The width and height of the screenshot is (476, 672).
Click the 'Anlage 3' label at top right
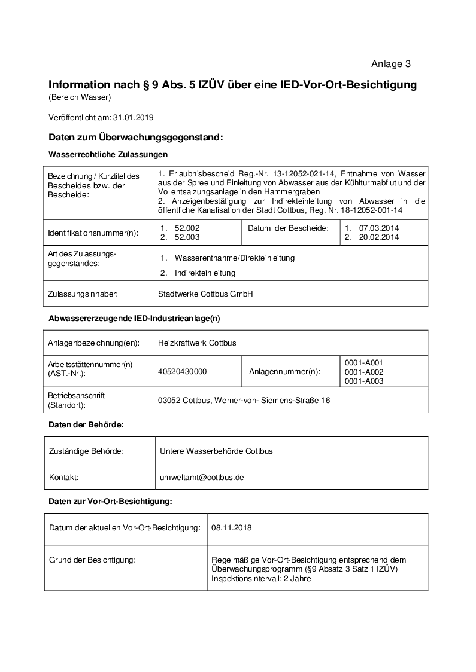[390, 64]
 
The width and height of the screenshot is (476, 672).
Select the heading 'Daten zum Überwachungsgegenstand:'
[135, 138]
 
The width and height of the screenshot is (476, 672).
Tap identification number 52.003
[187, 237]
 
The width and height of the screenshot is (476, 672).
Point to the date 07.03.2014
[378, 228]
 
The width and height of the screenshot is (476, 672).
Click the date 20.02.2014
[378, 237]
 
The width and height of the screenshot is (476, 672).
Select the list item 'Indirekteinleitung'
[205, 273]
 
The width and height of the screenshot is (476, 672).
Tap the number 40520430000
[183, 371]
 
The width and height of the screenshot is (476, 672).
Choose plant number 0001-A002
[364, 372]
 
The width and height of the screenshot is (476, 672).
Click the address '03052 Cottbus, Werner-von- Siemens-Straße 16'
[244, 400]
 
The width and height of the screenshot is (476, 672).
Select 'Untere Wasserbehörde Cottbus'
[216, 451]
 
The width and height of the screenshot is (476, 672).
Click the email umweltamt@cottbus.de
[202, 478]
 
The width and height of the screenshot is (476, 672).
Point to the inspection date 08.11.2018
[232, 528]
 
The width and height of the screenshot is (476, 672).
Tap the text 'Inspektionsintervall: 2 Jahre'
[261, 578]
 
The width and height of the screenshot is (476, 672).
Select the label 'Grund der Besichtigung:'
[92, 560]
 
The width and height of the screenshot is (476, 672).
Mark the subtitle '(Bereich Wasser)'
[80, 97]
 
